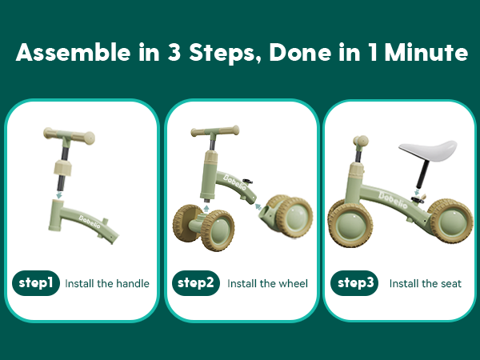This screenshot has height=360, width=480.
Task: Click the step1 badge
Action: coord(36,283)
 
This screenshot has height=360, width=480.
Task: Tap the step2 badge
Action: coord(196,283)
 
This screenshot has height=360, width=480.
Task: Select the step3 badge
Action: coord(354,283)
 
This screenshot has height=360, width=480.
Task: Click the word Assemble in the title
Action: coord(74,52)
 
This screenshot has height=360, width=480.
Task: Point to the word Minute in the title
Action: coord(426,52)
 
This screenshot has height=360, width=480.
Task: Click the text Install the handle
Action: coord(107,283)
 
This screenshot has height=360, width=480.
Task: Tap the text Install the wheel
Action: coord(267,283)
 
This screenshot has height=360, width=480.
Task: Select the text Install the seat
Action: coord(426,283)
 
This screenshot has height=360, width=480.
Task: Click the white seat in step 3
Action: coord(429,150)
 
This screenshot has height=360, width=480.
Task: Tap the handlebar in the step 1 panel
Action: coord(69,136)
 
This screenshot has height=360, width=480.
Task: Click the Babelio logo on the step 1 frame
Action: coord(90,222)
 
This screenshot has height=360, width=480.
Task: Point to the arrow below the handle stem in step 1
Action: coord(59,195)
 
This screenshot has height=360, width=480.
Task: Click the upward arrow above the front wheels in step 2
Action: coord(206,209)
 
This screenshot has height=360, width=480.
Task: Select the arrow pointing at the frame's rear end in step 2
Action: coord(258,206)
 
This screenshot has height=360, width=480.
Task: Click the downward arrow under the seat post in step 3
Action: coord(417,192)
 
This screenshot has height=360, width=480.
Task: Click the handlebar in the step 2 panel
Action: coord(215,131)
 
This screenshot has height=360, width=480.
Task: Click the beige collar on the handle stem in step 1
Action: coord(62,168)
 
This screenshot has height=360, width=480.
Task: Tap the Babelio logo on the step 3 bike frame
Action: coord(393,199)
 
